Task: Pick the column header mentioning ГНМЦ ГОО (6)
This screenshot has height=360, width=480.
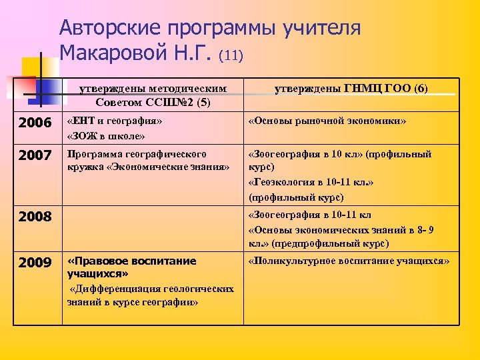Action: point(351,89)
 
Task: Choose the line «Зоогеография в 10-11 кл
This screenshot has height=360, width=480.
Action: point(309,215)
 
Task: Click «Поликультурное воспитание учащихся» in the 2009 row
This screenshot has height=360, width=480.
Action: point(349,261)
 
